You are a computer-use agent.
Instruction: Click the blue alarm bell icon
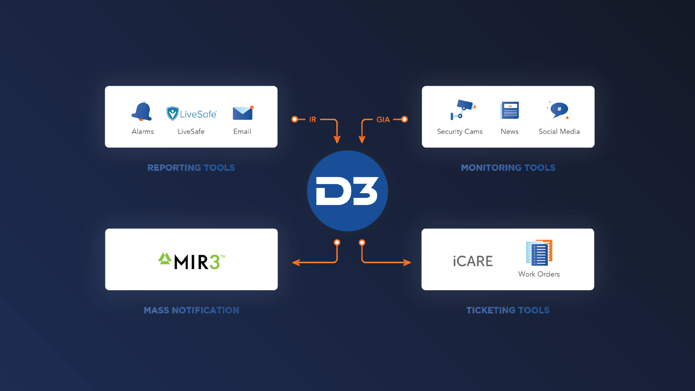pos(142,112)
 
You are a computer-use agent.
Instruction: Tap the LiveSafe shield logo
pos(172,113)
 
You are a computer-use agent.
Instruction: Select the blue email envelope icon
pos(242,113)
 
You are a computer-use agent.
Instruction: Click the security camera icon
pos(463,110)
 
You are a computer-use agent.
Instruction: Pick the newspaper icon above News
pos(510,110)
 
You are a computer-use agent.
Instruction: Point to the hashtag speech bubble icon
pos(559,110)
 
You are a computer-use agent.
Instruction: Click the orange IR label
pos(312,120)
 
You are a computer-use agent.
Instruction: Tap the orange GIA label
pos(383,120)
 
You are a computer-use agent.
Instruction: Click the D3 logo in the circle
pos(347,191)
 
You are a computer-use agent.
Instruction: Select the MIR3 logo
pos(192,261)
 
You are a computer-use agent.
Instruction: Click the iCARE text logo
pos(473,261)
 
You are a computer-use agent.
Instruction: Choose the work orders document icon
pos(539,253)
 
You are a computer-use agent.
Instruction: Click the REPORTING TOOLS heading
pos(191,168)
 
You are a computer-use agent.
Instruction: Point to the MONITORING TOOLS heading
pos(508,168)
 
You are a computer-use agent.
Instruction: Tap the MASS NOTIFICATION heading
pos(192,310)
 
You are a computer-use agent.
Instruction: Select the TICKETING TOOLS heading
pos(508,310)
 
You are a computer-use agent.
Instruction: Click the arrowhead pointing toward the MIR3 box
pos(295,263)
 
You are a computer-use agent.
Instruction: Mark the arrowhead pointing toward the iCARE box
pos(407,263)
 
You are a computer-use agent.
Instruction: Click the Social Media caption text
pos(559,132)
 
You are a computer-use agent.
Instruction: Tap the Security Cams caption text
pos(459,132)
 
